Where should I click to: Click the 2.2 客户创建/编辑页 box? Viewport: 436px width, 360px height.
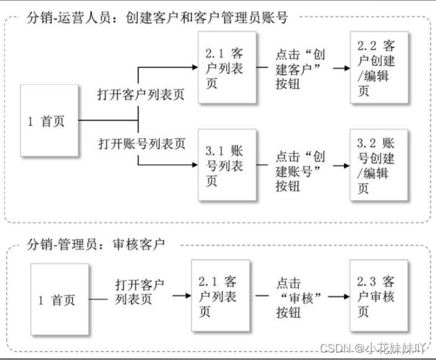(378, 68)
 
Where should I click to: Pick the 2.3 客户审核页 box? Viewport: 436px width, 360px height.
(378, 297)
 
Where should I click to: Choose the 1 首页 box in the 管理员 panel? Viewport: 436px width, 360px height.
(59, 300)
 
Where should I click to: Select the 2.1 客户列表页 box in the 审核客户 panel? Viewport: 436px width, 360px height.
(220, 297)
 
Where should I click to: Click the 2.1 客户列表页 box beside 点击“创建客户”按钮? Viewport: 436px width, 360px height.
(226, 68)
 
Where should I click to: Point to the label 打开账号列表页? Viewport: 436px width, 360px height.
(142, 143)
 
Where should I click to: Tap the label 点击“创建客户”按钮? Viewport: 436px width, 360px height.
(301, 68)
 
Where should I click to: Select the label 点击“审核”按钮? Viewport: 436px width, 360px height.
(301, 297)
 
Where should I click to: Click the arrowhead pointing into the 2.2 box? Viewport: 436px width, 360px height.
(346, 68)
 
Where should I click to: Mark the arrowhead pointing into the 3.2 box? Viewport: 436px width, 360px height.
(346, 166)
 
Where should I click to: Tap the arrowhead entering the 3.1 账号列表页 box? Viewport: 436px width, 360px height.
(194, 166)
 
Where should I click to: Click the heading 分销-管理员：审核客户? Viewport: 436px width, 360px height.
(97, 245)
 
